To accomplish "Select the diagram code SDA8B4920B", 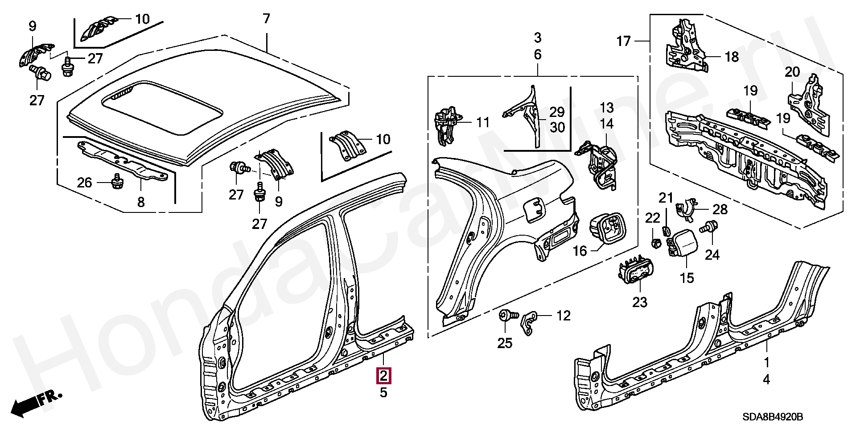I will coord(773,417).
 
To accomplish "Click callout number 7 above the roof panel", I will coord(266,19).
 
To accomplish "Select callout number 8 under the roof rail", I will coord(141,203).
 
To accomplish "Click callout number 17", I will coord(624,42).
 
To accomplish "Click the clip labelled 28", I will coord(687,210).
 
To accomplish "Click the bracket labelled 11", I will coord(447,127).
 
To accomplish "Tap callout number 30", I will coord(557,128).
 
